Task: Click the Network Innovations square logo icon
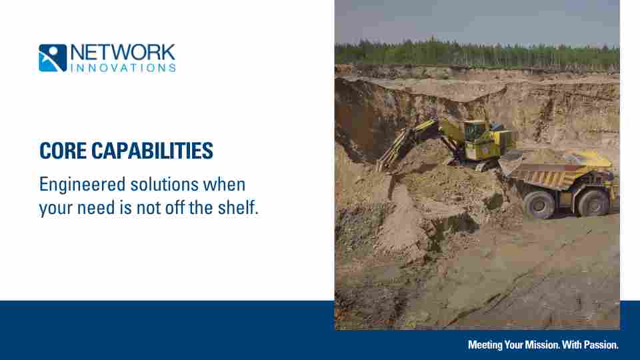click(53, 58)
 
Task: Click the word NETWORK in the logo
click(123, 53)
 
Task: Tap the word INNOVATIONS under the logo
click(123, 68)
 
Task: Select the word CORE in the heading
click(63, 151)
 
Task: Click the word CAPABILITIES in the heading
click(152, 151)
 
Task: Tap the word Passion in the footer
click(601, 345)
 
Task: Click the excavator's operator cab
click(475, 131)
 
